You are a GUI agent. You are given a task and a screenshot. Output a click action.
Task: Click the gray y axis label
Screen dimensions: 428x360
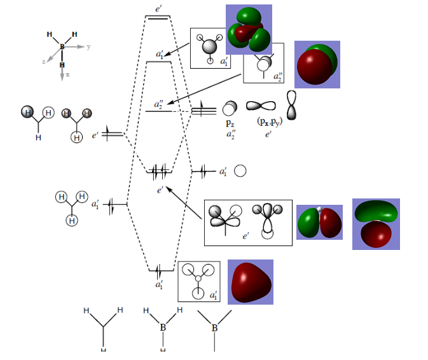88,47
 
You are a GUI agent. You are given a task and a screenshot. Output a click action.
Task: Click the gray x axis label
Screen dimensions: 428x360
67,74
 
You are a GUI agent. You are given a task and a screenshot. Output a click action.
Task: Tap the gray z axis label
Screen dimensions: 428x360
44,62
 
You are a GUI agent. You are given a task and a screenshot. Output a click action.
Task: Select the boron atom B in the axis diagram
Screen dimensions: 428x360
62,46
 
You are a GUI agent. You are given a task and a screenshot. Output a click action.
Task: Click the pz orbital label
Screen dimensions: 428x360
230,123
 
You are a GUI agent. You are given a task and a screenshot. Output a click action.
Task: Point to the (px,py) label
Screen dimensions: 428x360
270,121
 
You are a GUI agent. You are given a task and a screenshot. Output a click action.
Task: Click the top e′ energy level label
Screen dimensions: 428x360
158,9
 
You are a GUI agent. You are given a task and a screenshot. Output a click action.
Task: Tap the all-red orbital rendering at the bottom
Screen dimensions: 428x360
251,282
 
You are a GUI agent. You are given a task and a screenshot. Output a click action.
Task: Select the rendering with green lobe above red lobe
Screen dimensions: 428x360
376,224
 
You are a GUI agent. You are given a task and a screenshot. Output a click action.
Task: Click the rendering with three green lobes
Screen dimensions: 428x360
249,29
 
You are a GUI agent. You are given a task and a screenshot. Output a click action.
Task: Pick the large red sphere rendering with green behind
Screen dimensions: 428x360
317,64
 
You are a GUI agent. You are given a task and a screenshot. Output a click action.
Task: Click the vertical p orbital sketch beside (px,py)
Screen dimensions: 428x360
291,106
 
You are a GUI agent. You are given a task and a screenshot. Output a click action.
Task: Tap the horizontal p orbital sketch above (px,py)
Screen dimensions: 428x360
261,106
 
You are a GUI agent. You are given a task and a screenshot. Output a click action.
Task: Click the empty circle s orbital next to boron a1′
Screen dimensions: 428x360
240,171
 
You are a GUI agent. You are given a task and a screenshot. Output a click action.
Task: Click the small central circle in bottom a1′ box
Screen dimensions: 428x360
198,279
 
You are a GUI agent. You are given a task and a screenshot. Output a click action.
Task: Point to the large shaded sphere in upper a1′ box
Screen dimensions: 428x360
209,46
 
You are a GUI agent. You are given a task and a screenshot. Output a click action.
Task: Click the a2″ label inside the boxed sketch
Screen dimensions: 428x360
278,77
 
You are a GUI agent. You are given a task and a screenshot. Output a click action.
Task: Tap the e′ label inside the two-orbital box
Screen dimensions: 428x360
245,236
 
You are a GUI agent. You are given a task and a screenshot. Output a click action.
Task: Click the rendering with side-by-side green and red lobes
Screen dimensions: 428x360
319,222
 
